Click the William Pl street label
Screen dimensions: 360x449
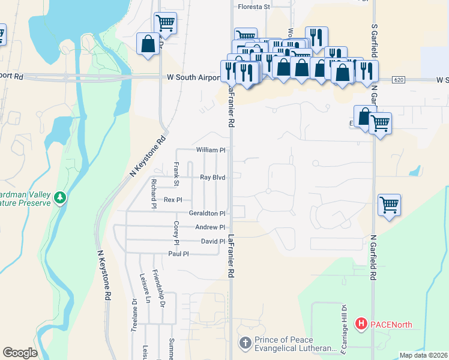(210, 149)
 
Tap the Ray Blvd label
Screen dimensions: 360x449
(212, 178)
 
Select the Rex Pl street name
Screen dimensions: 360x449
(173, 200)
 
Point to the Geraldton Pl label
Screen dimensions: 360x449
(206, 213)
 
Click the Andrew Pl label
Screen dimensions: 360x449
(210, 227)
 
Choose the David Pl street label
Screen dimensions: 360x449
(212, 241)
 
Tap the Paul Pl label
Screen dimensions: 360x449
(178, 254)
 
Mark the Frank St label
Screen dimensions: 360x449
(176, 173)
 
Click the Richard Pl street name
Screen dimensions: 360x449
(154, 193)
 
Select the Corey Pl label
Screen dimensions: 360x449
(176, 233)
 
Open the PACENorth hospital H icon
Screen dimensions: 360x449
(361, 325)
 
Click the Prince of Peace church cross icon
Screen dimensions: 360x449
(245, 343)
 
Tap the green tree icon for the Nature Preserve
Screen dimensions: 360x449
(59, 197)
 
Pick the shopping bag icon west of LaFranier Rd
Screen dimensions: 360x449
(148, 44)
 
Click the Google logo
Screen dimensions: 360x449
(20, 353)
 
